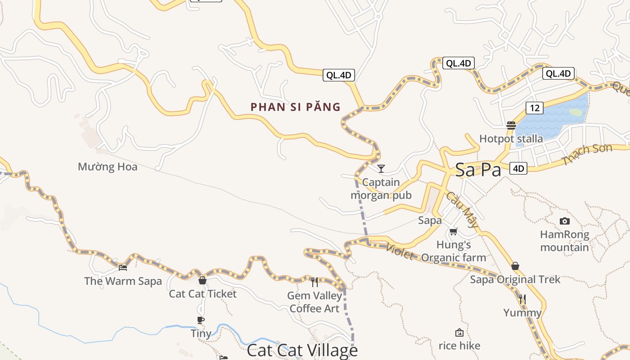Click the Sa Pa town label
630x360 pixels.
(478, 170)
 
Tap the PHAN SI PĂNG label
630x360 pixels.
(296, 107)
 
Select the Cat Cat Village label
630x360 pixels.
(302, 351)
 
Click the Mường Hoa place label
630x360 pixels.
(108, 167)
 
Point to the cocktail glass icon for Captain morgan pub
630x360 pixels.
(381, 169)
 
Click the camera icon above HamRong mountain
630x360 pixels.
(564, 221)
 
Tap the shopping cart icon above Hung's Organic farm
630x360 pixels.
(454, 232)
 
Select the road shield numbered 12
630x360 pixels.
(534, 108)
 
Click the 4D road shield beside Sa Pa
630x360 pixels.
(518, 169)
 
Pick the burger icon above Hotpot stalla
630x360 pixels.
(511, 125)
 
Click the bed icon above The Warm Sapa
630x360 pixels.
(123, 267)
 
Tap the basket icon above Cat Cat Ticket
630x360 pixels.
(202, 280)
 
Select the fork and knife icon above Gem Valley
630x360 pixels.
(315, 282)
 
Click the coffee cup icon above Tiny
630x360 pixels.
(201, 320)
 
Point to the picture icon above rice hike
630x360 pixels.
(459, 333)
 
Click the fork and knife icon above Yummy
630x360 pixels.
(522, 299)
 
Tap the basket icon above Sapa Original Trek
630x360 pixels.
(515, 266)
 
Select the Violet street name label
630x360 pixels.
(400, 252)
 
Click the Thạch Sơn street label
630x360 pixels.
(587, 154)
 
